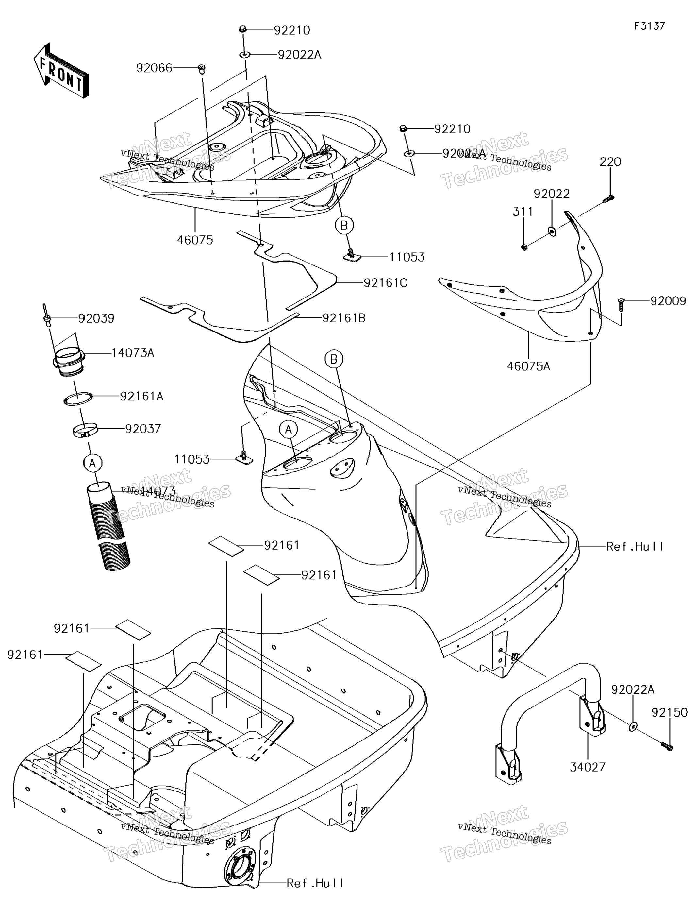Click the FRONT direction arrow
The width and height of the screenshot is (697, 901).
[x=61, y=71]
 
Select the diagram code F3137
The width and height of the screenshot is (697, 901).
[x=649, y=26]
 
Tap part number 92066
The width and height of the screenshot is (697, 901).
[x=154, y=68]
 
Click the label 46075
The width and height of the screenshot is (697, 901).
[x=195, y=240]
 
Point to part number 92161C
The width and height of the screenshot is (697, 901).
[x=385, y=283]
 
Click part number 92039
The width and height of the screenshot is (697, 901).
[x=96, y=318]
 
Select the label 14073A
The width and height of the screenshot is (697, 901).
[x=133, y=353]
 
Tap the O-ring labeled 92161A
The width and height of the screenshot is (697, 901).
[x=77, y=399]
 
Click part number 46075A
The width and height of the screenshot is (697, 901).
[x=528, y=366]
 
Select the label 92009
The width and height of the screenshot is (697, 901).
[x=668, y=301]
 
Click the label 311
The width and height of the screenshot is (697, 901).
[x=523, y=211]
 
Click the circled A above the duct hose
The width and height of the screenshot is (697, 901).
[x=92, y=463]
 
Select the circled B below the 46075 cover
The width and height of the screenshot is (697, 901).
[x=344, y=225]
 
